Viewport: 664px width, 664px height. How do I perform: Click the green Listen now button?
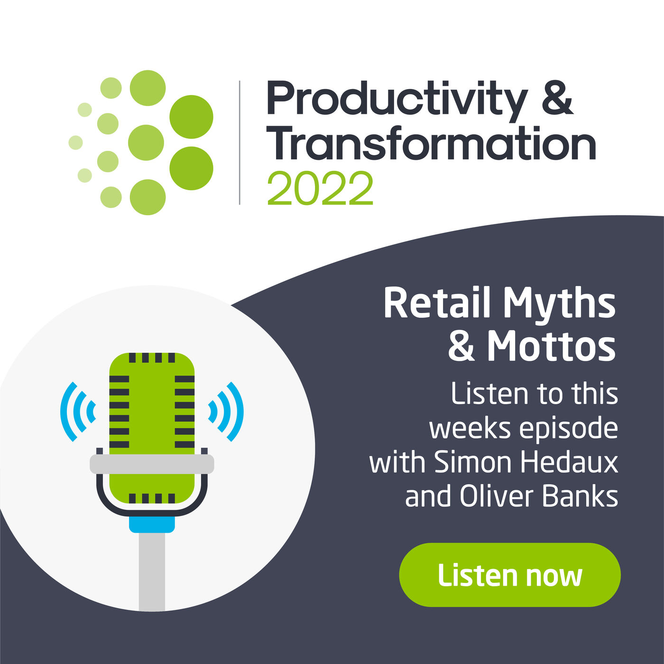point(510,575)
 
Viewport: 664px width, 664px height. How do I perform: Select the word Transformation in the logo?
point(432,143)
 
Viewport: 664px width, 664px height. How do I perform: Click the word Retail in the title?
point(436,303)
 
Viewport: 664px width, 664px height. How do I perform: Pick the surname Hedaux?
point(570,462)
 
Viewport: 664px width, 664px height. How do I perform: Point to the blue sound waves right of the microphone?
point(226,412)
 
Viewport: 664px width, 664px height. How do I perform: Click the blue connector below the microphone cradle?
point(152,525)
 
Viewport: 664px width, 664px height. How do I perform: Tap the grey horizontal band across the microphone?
point(152,464)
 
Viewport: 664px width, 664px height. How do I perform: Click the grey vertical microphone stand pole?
point(152,572)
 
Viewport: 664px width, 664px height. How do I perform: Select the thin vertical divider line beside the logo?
point(240,143)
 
